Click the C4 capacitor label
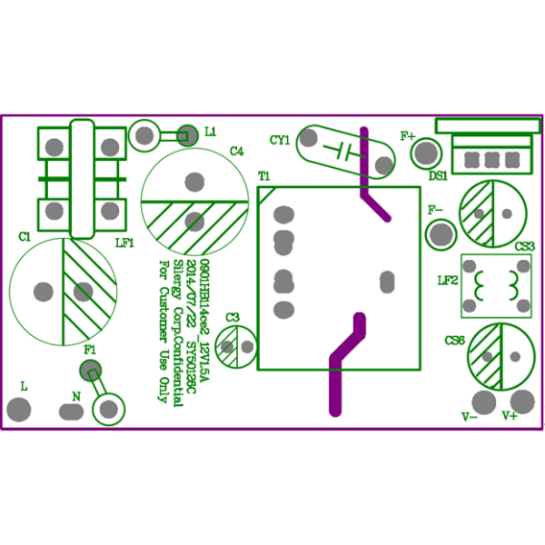(x=237, y=152)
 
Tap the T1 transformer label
(x=264, y=174)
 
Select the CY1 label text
(x=280, y=140)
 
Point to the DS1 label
(x=438, y=174)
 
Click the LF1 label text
(x=124, y=243)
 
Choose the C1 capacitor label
(x=25, y=236)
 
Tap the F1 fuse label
(x=90, y=350)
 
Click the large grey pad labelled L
(x=19, y=411)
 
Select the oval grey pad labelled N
(x=72, y=411)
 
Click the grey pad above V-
(x=484, y=401)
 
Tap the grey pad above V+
(x=522, y=400)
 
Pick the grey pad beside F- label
(x=441, y=234)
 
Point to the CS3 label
(x=525, y=246)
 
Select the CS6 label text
(x=454, y=340)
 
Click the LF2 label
(x=447, y=281)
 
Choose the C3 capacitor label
(x=233, y=317)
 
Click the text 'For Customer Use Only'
(x=164, y=332)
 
